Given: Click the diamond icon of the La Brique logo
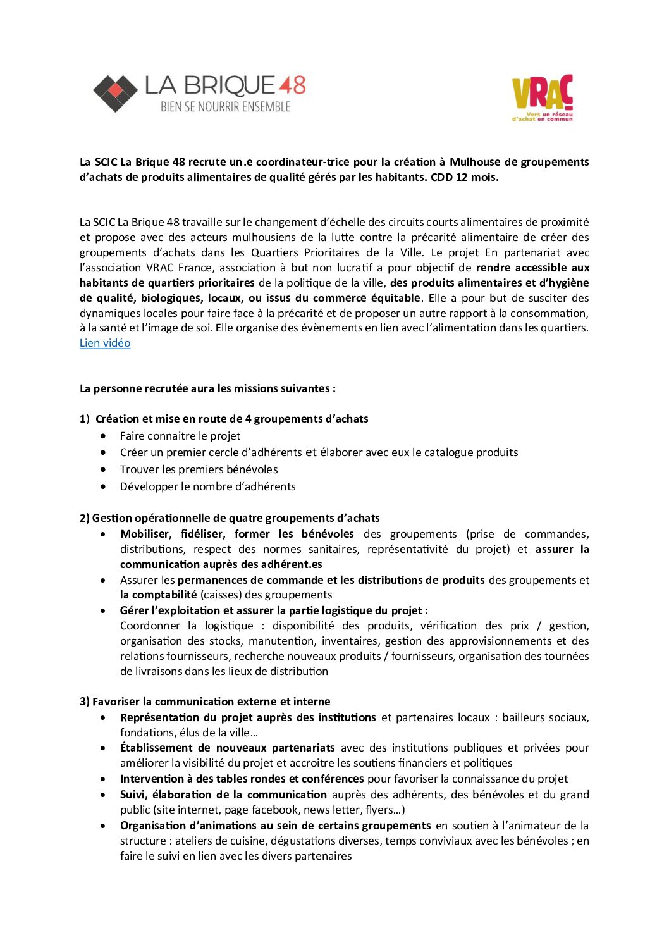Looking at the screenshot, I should [x=115, y=94].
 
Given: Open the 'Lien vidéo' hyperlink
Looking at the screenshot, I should [x=105, y=343].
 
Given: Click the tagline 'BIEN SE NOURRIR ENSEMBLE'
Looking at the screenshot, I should [x=225, y=107].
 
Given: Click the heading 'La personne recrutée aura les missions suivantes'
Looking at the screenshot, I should [x=207, y=388].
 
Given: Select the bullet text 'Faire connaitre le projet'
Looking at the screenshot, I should [x=180, y=436].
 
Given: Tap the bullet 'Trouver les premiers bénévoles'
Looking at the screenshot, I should [x=199, y=469].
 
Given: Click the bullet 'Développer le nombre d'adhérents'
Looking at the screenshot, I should [x=207, y=486].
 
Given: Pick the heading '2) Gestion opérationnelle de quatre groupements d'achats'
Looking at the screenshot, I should [x=230, y=518].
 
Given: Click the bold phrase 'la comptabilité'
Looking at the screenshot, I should [x=158, y=595].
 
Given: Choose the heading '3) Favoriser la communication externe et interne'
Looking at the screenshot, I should [x=205, y=702].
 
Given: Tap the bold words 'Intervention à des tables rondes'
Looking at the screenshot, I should [x=201, y=779].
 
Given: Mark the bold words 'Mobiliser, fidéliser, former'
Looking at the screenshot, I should [x=195, y=534].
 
